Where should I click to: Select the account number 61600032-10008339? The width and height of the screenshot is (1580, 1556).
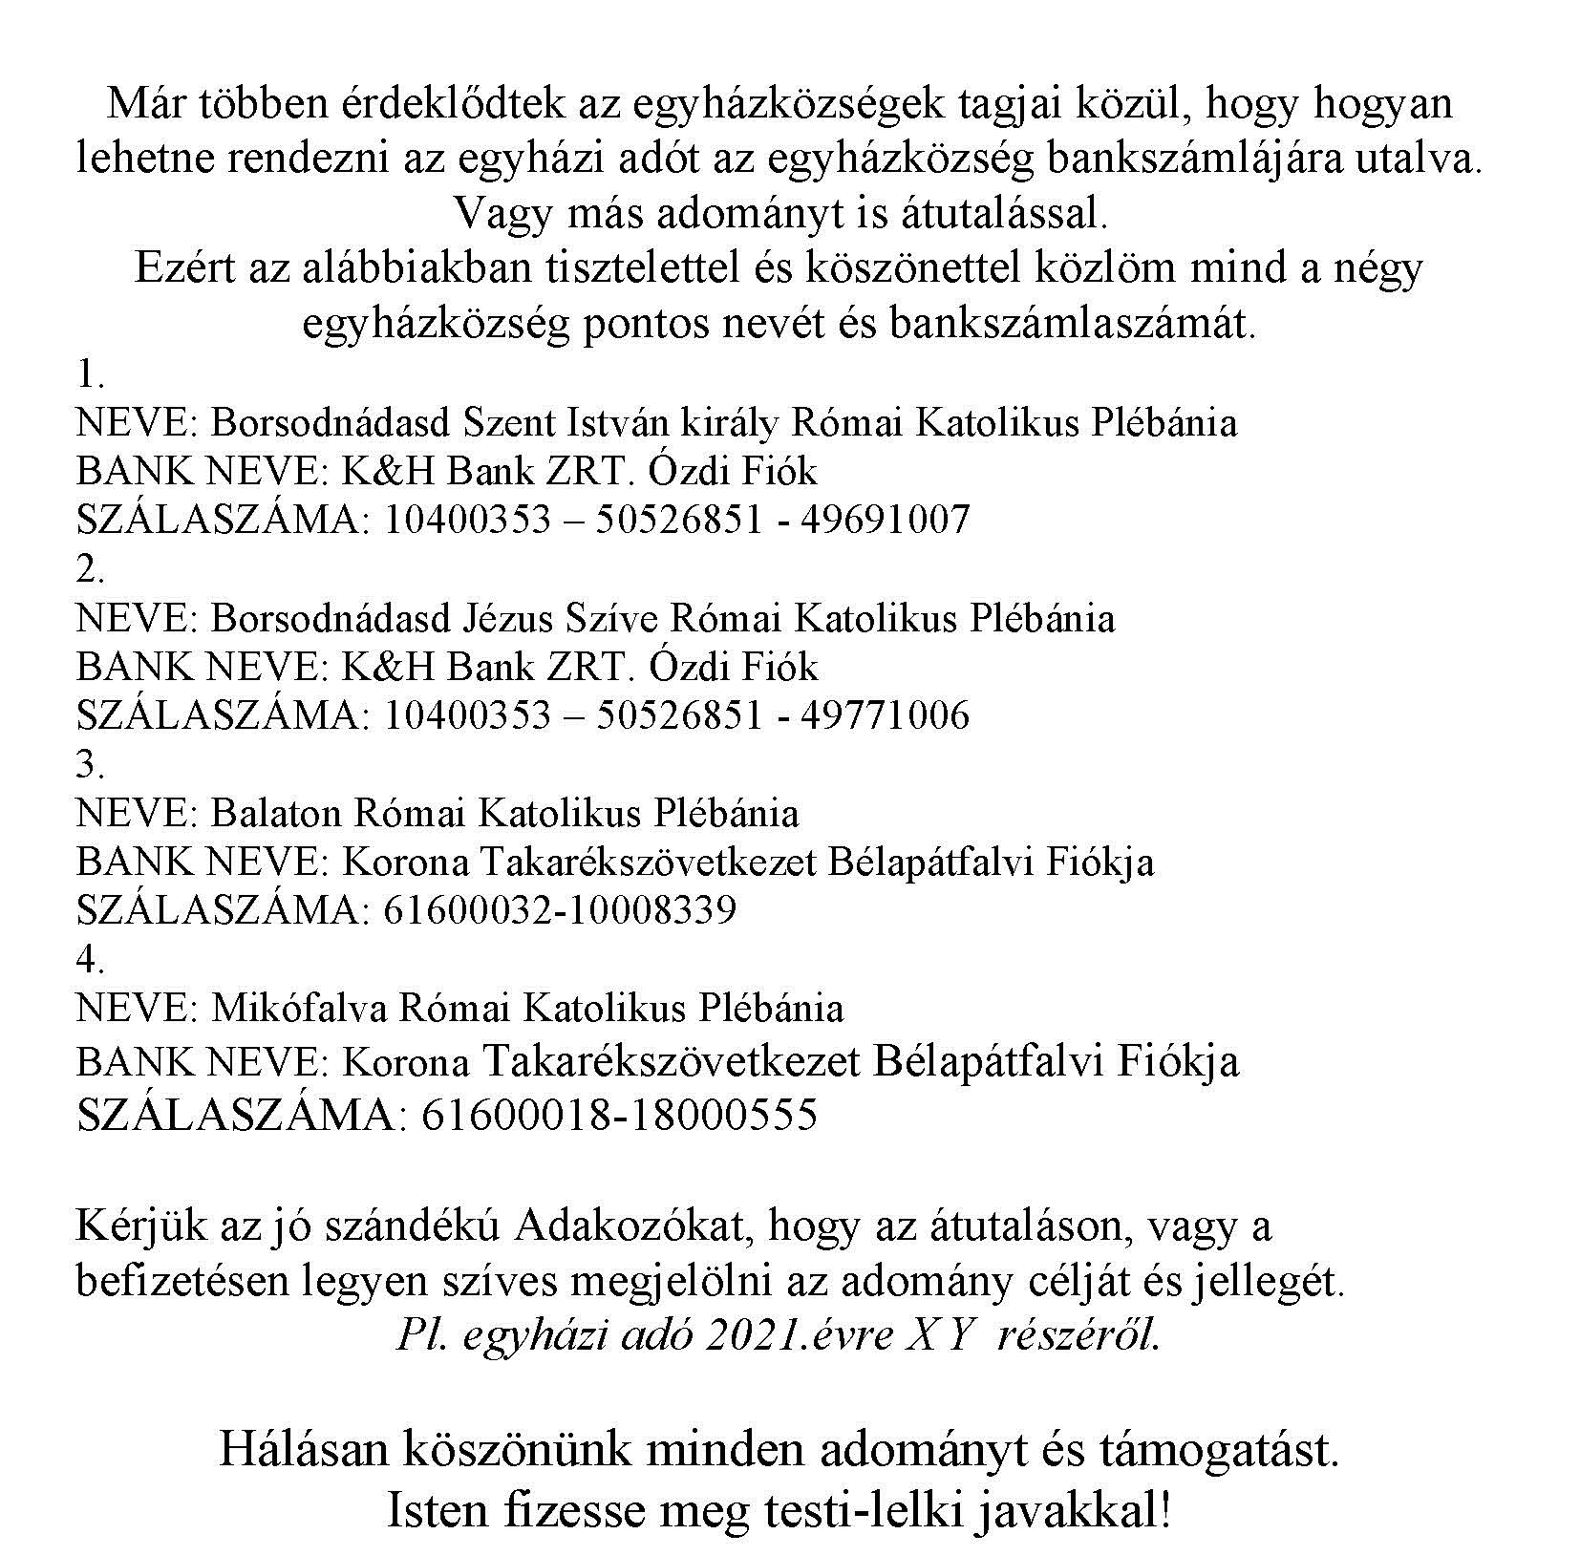[560, 910]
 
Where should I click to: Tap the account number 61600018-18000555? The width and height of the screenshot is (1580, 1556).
[618, 1115]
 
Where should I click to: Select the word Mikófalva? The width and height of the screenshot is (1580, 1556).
[299, 1009]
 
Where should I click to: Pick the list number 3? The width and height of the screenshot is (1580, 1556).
[89, 764]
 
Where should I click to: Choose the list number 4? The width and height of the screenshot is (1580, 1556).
[89, 959]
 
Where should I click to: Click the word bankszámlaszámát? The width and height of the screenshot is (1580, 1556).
[1069, 323]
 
